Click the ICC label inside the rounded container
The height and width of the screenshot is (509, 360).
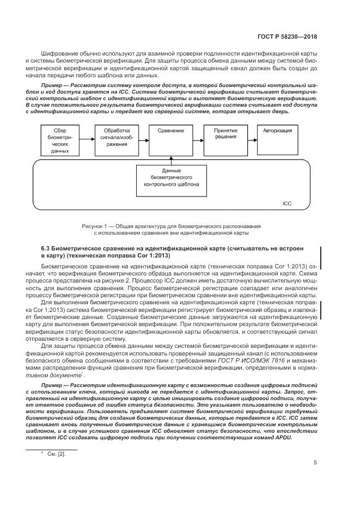[287, 203]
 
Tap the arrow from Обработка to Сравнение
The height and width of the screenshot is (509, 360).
[143, 141]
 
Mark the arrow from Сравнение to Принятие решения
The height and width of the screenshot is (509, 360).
[198, 141]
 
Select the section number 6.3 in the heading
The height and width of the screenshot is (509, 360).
[46, 248]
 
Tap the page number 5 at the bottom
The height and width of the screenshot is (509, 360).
[315, 463]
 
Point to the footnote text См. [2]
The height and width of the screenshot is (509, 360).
[57, 453]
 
